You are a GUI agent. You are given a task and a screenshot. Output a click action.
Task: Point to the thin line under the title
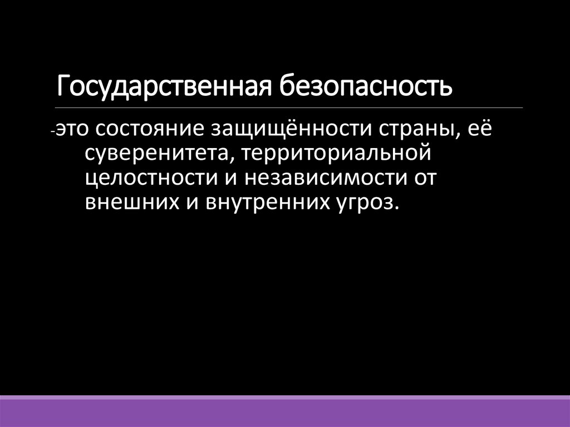pos(289,107)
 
